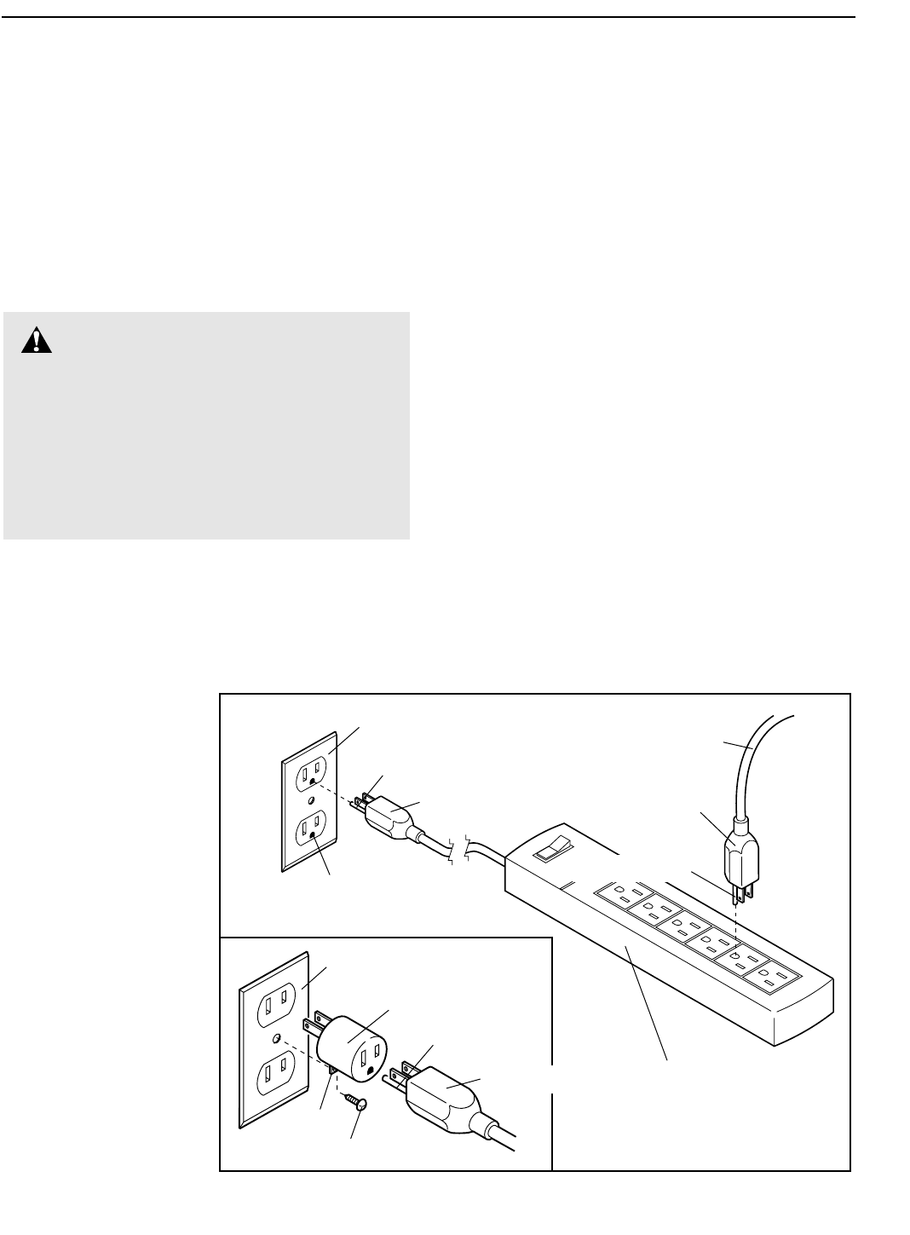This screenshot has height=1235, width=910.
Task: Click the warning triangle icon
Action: coord(37,341)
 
